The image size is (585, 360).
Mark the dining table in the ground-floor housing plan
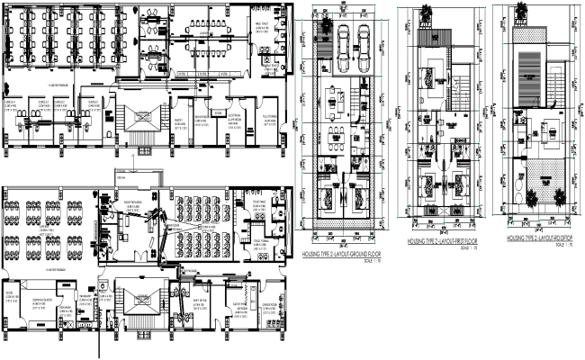click(339, 134)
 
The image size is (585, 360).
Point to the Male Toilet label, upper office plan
click(262, 27)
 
